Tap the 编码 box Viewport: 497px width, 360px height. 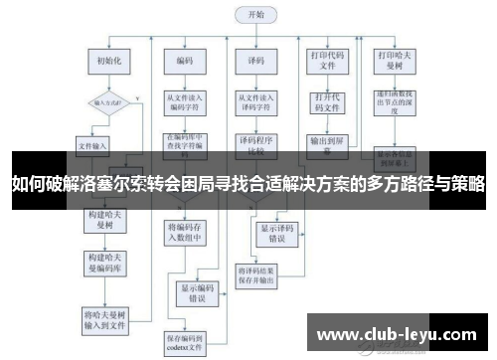point(184,61)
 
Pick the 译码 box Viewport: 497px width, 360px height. point(254,61)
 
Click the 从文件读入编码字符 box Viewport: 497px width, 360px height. point(185,101)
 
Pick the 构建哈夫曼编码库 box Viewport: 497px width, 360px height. point(103,263)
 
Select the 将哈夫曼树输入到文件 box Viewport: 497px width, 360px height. point(104,318)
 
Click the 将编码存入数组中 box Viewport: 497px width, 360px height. point(184,232)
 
